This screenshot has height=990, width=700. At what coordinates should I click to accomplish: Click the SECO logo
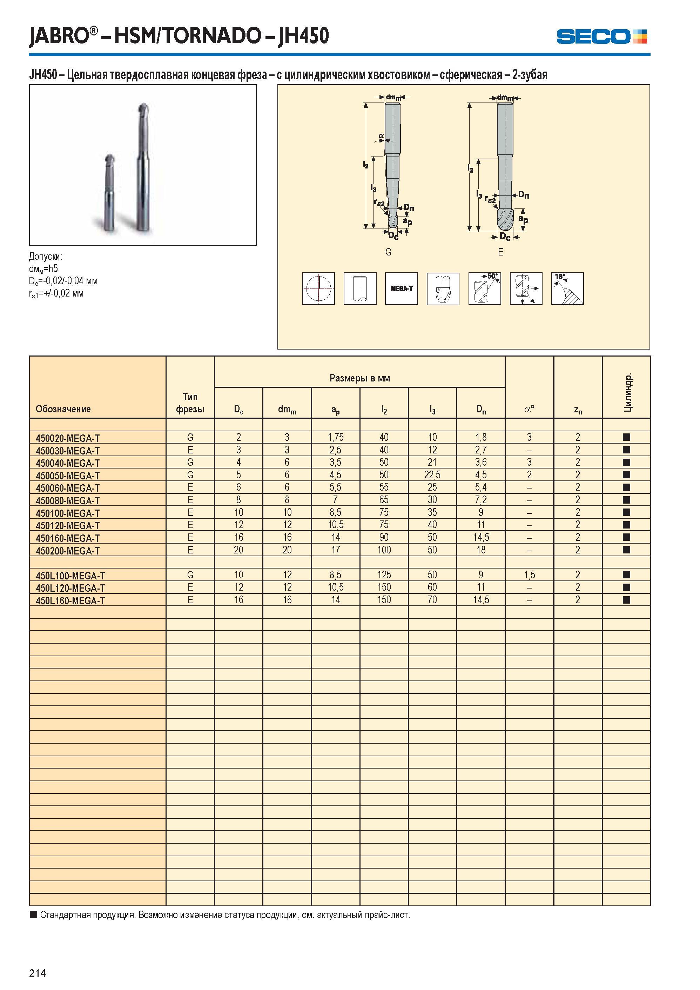pos(601,36)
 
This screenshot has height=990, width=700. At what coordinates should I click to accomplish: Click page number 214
pos(38,973)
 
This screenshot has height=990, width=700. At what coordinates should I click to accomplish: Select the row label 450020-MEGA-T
pos(68,438)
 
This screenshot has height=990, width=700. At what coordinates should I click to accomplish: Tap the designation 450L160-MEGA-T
pos(70,601)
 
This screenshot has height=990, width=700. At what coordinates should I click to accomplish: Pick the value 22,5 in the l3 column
pos(432,475)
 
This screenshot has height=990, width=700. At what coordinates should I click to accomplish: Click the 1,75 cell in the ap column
pos(335,437)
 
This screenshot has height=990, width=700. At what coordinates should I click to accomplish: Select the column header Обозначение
pos(63,409)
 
